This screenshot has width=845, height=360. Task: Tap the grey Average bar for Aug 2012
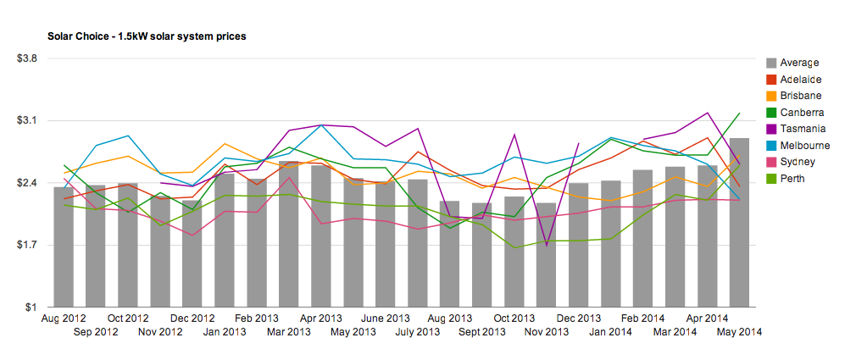pos(64,247)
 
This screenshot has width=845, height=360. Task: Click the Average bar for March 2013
pos(288,234)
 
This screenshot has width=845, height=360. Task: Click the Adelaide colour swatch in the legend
pos(770,79)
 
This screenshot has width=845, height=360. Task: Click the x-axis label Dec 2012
pos(192,318)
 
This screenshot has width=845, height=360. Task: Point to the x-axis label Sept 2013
pos(481,332)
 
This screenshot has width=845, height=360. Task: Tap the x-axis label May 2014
pos(739,332)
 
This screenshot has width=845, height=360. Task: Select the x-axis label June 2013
pos(385,318)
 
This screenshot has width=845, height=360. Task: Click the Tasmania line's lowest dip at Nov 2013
pos(546,246)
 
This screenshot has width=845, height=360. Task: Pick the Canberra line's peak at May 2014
pos(739,114)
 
